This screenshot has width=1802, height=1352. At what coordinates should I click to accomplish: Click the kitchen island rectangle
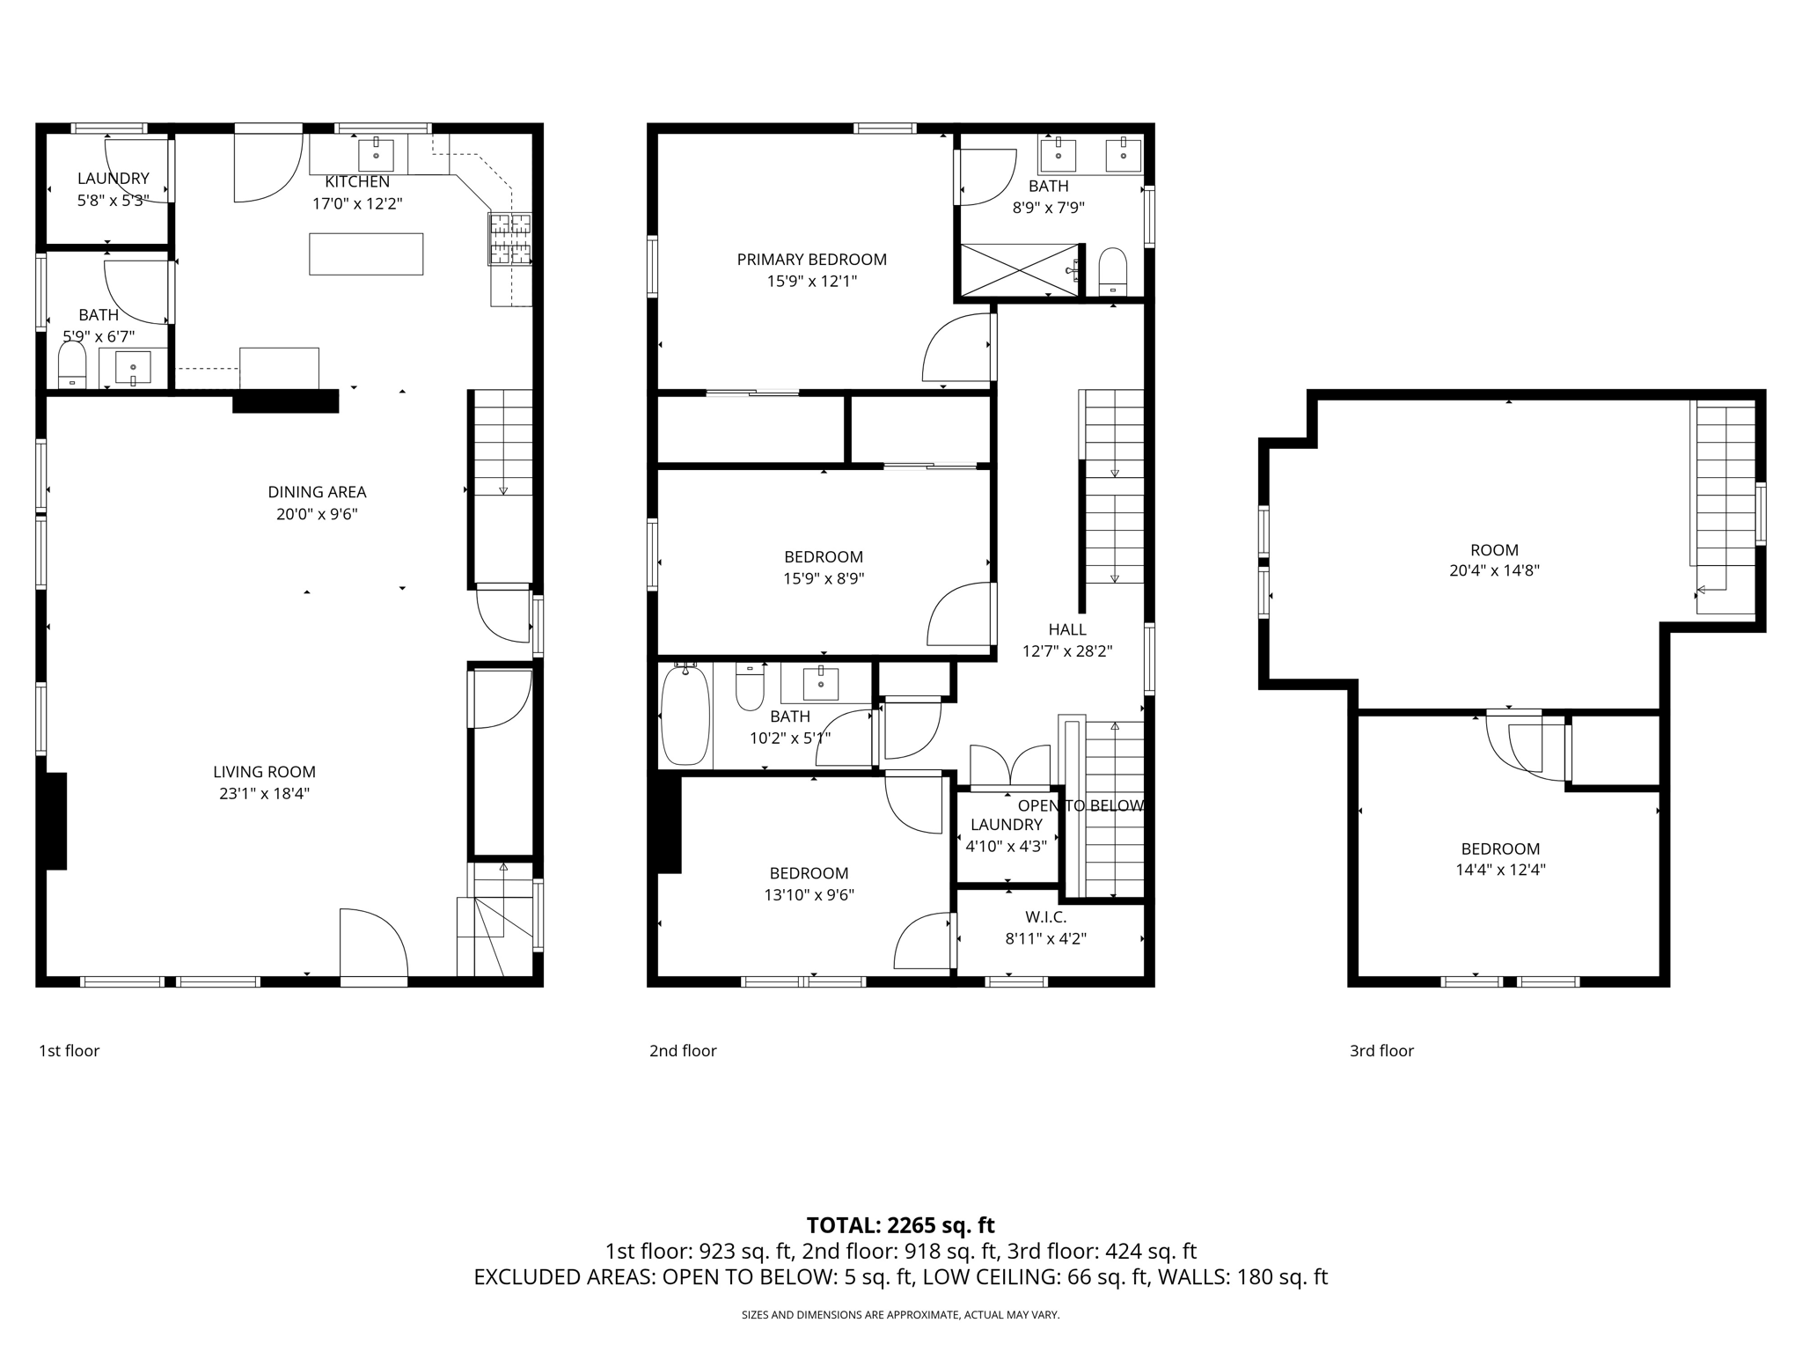[x=366, y=253]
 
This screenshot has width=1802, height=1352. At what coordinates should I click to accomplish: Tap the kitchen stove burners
[x=510, y=239]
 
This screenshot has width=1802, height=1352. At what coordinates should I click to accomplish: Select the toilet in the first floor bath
[x=71, y=364]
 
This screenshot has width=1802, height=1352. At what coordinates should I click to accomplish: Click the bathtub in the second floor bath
[x=685, y=716]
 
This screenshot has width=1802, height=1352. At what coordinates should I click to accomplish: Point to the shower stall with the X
[x=1019, y=269]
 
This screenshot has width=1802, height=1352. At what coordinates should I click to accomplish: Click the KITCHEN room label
[x=357, y=182]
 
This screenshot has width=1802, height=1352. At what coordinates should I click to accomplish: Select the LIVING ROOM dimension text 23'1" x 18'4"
[x=264, y=794]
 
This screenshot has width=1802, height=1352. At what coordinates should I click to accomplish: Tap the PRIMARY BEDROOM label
[x=811, y=260]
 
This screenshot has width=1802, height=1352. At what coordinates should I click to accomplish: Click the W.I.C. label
[x=1045, y=917]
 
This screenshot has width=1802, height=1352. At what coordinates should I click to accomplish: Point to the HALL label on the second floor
[x=1066, y=630]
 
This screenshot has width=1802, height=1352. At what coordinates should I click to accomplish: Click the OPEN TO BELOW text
[x=1080, y=806]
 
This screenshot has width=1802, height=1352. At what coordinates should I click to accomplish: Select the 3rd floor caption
[x=1381, y=1051]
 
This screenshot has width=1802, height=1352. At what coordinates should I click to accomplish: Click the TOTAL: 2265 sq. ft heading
[x=900, y=1225]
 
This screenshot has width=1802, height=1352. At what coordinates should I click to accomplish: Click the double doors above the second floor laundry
[x=1010, y=766]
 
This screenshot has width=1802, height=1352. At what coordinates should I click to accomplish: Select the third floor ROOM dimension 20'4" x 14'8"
[x=1494, y=570]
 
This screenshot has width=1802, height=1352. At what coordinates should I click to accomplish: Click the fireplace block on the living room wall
[x=55, y=820]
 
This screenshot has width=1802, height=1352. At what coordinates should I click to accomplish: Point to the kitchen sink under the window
[x=377, y=155]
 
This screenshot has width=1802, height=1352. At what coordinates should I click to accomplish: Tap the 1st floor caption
[x=69, y=1051]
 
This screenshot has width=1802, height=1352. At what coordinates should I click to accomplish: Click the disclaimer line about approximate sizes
[x=900, y=1315]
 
